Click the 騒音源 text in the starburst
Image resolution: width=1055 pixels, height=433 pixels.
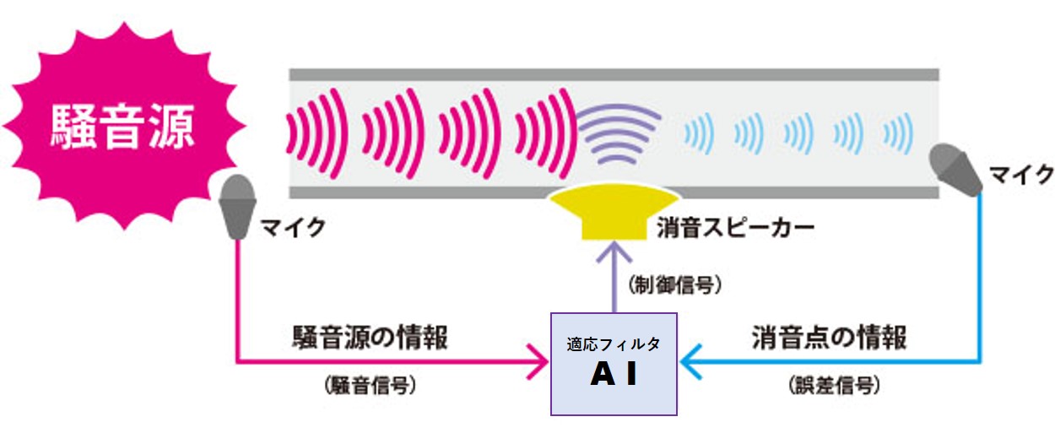click(x=122, y=127)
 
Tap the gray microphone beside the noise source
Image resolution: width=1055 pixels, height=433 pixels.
click(x=239, y=205)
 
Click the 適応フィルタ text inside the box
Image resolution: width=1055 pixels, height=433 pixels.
click(x=614, y=344)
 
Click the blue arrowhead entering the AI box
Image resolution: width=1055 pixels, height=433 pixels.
click(x=689, y=364)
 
